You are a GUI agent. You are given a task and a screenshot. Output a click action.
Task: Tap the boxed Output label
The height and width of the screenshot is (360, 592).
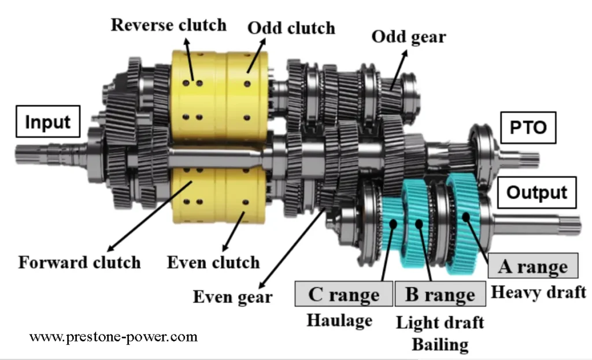click(x=537, y=192)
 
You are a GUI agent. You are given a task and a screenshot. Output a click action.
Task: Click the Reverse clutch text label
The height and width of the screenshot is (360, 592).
click(x=169, y=25)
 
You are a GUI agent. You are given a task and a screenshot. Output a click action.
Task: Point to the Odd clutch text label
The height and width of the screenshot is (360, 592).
click(x=291, y=28)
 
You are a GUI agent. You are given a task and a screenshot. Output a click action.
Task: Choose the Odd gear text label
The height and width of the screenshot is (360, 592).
click(x=408, y=36)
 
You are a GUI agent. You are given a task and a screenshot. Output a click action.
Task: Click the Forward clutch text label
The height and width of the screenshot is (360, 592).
click(x=79, y=262)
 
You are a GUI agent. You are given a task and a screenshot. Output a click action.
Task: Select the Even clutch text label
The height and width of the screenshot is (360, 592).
click(x=213, y=262)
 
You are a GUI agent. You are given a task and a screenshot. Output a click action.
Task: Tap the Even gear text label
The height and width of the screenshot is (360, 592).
click(x=232, y=297)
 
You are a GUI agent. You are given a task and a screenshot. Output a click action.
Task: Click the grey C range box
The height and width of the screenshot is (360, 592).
click(x=343, y=294)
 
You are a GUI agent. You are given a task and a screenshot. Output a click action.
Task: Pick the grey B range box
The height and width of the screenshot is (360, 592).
click(x=439, y=295)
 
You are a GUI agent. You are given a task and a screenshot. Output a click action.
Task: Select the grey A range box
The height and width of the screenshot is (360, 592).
click(x=532, y=266)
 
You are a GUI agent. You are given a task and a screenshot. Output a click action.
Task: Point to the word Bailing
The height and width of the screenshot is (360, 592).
click(x=440, y=344)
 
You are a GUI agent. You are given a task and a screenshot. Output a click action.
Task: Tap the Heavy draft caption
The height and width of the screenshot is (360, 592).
click(x=538, y=292)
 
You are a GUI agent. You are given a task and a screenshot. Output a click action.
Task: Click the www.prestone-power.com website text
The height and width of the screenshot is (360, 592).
click(x=113, y=336)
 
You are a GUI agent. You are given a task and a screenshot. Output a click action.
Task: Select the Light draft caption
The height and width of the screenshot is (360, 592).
click(x=440, y=322)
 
